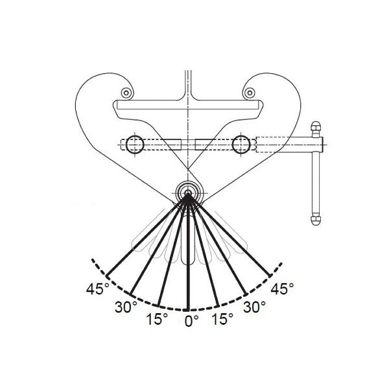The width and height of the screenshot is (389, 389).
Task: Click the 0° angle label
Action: pos(190,320)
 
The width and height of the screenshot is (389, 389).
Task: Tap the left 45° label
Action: pos(96,289)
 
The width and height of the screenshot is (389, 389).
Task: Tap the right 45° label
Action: pos(283,289)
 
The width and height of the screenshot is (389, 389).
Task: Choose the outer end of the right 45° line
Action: pos(271,274)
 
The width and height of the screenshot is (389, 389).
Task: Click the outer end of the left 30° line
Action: pos(132,292)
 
